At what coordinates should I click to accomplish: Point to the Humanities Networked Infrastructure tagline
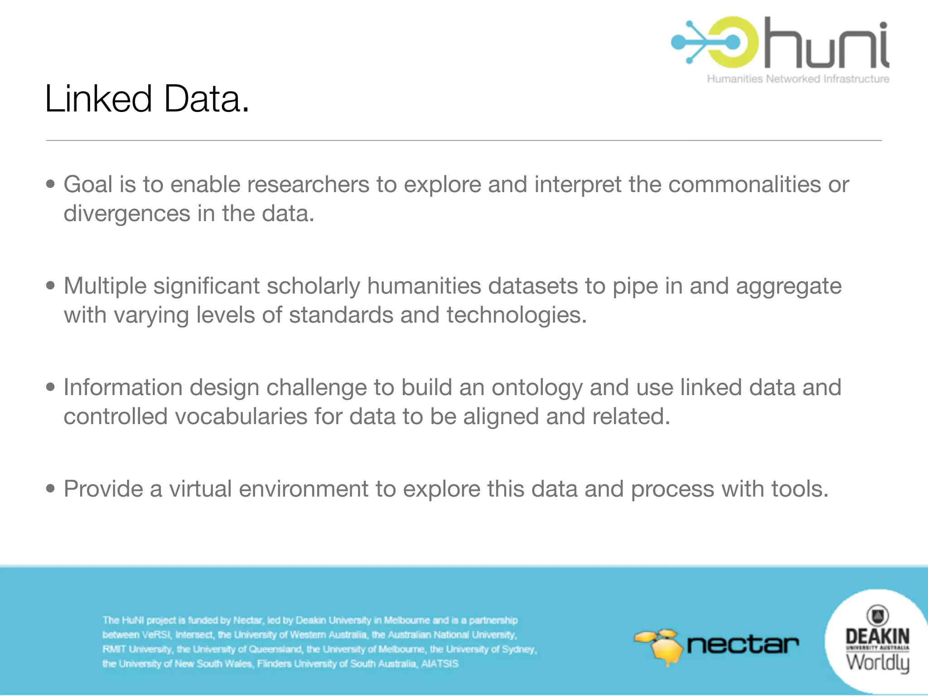pyautogui.click(x=798, y=79)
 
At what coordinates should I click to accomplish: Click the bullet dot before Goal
pyautogui.click(x=51, y=184)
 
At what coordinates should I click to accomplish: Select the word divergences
pyautogui.click(x=126, y=213)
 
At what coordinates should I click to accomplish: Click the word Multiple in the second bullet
pyautogui.click(x=105, y=286)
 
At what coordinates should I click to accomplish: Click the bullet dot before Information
pyautogui.click(x=51, y=387)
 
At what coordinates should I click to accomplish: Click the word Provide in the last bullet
pyautogui.click(x=103, y=489)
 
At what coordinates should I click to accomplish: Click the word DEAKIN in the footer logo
pyautogui.click(x=877, y=636)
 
